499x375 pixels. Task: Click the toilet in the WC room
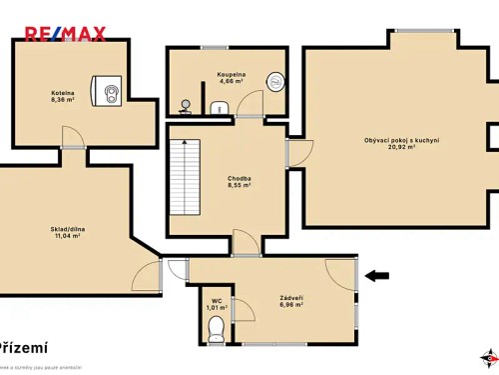pos(217,325)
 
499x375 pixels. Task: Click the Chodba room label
pos(239,178)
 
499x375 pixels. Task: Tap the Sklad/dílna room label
pos(66,229)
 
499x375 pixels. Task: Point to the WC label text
pos(217,300)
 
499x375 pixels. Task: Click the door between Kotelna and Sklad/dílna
pos(72,139)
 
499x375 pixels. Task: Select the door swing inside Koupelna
pos(249,104)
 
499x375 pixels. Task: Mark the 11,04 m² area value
pos(66,236)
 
